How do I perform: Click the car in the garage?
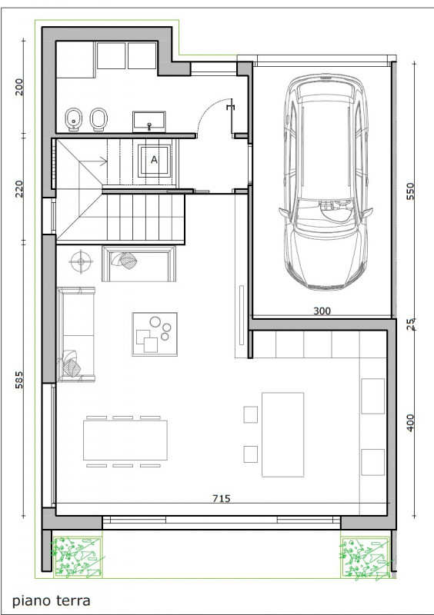325,181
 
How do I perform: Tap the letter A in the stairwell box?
155,160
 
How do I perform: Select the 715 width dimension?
222,498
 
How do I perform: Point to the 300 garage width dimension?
322,311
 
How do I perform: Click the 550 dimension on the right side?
410,191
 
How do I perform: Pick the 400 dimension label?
410,423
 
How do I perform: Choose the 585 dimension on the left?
18,380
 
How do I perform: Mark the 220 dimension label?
18,189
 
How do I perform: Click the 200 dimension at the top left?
18,87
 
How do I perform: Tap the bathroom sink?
149,121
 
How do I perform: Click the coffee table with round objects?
155,334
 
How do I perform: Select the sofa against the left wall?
76,334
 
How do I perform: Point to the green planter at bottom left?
78,557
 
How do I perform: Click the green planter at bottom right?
366,557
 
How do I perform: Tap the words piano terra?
52,600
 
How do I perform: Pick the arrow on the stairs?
93,161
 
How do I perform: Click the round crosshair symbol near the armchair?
81,261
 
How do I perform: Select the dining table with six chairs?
125,440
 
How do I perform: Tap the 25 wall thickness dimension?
410,324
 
